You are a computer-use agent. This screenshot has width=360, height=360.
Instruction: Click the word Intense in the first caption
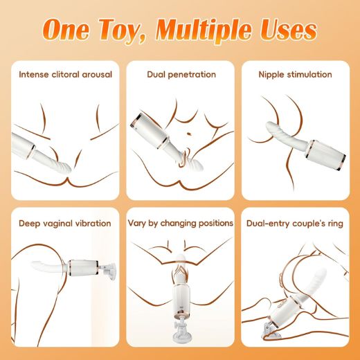click(x=35, y=74)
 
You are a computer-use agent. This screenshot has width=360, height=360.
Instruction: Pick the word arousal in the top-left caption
click(x=94, y=74)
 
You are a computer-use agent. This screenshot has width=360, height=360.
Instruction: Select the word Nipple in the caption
click(x=272, y=74)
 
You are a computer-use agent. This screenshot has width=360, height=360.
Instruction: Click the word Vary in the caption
click(x=139, y=223)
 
